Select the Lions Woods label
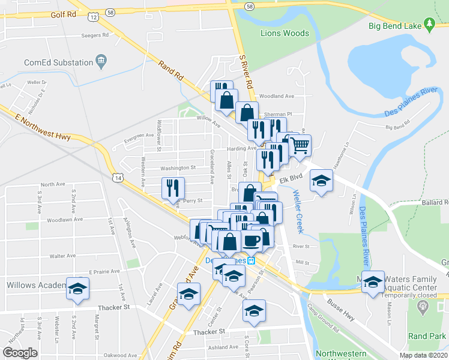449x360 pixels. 285,34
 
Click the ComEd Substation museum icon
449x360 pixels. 101,61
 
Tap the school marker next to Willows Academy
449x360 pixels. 77,287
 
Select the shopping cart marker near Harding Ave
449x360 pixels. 300,145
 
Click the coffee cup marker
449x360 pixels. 251,241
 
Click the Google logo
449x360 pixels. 20,353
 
